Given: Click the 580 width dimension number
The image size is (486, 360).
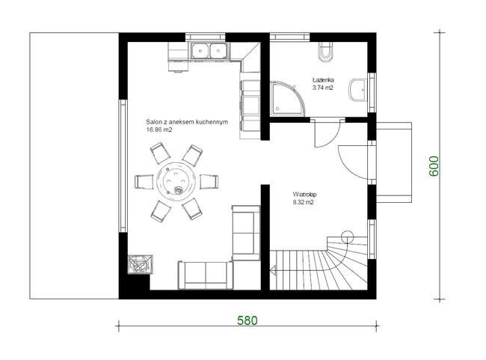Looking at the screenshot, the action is [x=247, y=320].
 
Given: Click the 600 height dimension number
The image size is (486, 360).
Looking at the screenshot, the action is [x=434, y=166].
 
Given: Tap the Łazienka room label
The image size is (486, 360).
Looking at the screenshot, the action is [x=323, y=80].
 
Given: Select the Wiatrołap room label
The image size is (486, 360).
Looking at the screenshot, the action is [x=304, y=195].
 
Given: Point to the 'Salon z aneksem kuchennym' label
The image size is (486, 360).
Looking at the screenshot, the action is [x=187, y=122].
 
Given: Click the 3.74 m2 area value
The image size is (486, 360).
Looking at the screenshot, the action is [x=323, y=88].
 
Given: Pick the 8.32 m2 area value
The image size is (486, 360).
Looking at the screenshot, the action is [x=304, y=202].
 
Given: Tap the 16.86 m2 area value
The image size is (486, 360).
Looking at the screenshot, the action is [x=159, y=129].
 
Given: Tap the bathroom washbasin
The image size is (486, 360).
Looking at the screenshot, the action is [x=358, y=90].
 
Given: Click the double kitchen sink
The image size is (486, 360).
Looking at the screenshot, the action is [x=209, y=51].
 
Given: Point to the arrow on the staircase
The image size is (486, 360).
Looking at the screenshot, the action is [x=274, y=271].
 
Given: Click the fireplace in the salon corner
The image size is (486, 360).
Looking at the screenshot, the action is [x=140, y=265].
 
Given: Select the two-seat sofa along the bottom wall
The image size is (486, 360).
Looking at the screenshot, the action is [x=206, y=275].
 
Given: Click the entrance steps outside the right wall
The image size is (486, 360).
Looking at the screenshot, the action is [x=394, y=162].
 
